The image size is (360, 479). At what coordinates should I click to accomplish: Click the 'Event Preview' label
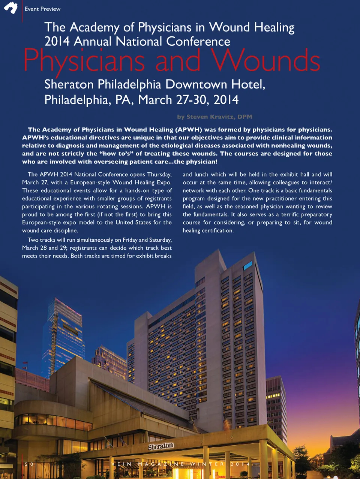click(x=42, y=9)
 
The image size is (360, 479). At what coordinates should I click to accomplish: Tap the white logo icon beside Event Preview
click(x=11, y=7)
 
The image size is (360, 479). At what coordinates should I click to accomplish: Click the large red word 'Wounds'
click(x=265, y=61)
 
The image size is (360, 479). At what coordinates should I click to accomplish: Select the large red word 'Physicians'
click(x=84, y=61)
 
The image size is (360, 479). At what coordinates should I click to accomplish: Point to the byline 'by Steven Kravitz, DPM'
click(x=214, y=117)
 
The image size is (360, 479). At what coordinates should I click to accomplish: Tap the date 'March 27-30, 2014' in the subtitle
click(x=188, y=100)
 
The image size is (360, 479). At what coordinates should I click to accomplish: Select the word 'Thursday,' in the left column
click(x=159, y=174)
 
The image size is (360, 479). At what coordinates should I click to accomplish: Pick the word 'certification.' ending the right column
click(x=217, y=231)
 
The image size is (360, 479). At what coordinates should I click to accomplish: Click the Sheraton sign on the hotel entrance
click(x=160, y=446)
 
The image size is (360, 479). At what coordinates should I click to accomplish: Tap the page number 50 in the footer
click(x=29, y=464)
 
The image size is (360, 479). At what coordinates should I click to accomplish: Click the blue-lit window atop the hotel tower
click(x=247, y=265)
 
